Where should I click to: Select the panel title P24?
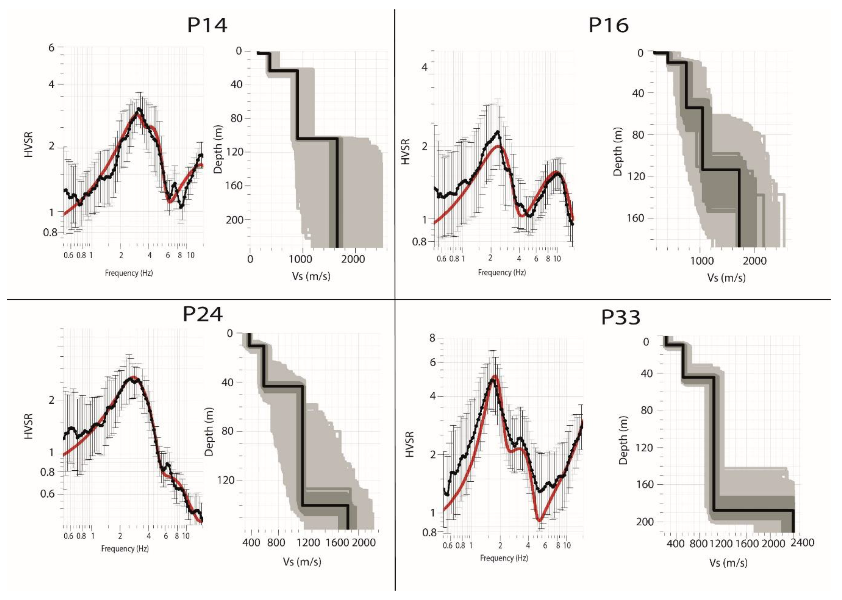point(203,314)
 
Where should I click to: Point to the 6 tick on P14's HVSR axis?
point(51,48)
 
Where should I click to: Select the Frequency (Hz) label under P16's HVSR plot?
point(502,273)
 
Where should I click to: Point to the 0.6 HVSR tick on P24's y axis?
point(47,494)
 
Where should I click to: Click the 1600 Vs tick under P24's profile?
point(338,543)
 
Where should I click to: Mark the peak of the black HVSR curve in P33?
point(492,380)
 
